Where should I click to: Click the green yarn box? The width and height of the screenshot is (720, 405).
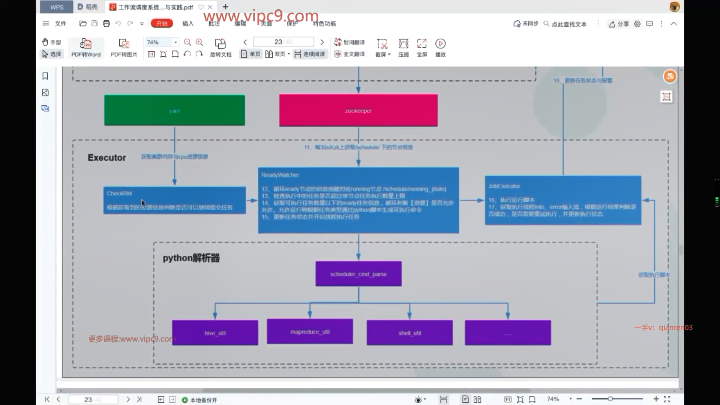tap(174, 110)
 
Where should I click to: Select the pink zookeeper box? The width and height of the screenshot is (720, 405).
tap(358, 110)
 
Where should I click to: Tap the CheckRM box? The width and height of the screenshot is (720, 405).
tap(174, 200)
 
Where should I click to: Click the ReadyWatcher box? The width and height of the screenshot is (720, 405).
tap(358, 200)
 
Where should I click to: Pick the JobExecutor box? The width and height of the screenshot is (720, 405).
tap(562, 200)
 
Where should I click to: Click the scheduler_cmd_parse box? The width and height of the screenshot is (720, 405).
tap(358, 274)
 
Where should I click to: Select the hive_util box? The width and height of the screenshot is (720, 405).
tap(215, 333)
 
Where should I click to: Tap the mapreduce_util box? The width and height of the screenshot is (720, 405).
tap(310, 331)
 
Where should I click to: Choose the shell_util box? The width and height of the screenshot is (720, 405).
tap(409, 333)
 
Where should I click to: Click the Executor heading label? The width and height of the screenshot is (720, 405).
tap(107, 157)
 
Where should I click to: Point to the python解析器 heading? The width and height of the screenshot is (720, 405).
tap(191, 258)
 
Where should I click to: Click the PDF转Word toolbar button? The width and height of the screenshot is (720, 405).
tap(86, 48)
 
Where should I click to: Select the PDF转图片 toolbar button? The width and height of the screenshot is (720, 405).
tap(124, 48)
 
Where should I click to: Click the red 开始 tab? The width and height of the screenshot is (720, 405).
tap(162, 24)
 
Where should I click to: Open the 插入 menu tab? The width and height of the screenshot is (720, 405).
tap(188, 24)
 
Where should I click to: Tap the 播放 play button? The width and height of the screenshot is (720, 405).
tap(440, 48)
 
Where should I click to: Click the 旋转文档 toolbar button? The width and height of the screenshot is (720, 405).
tap(220, 48)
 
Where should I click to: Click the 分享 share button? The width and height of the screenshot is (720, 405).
tap(619, 24)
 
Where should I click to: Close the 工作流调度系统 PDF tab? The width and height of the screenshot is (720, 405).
tap(210, 7)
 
